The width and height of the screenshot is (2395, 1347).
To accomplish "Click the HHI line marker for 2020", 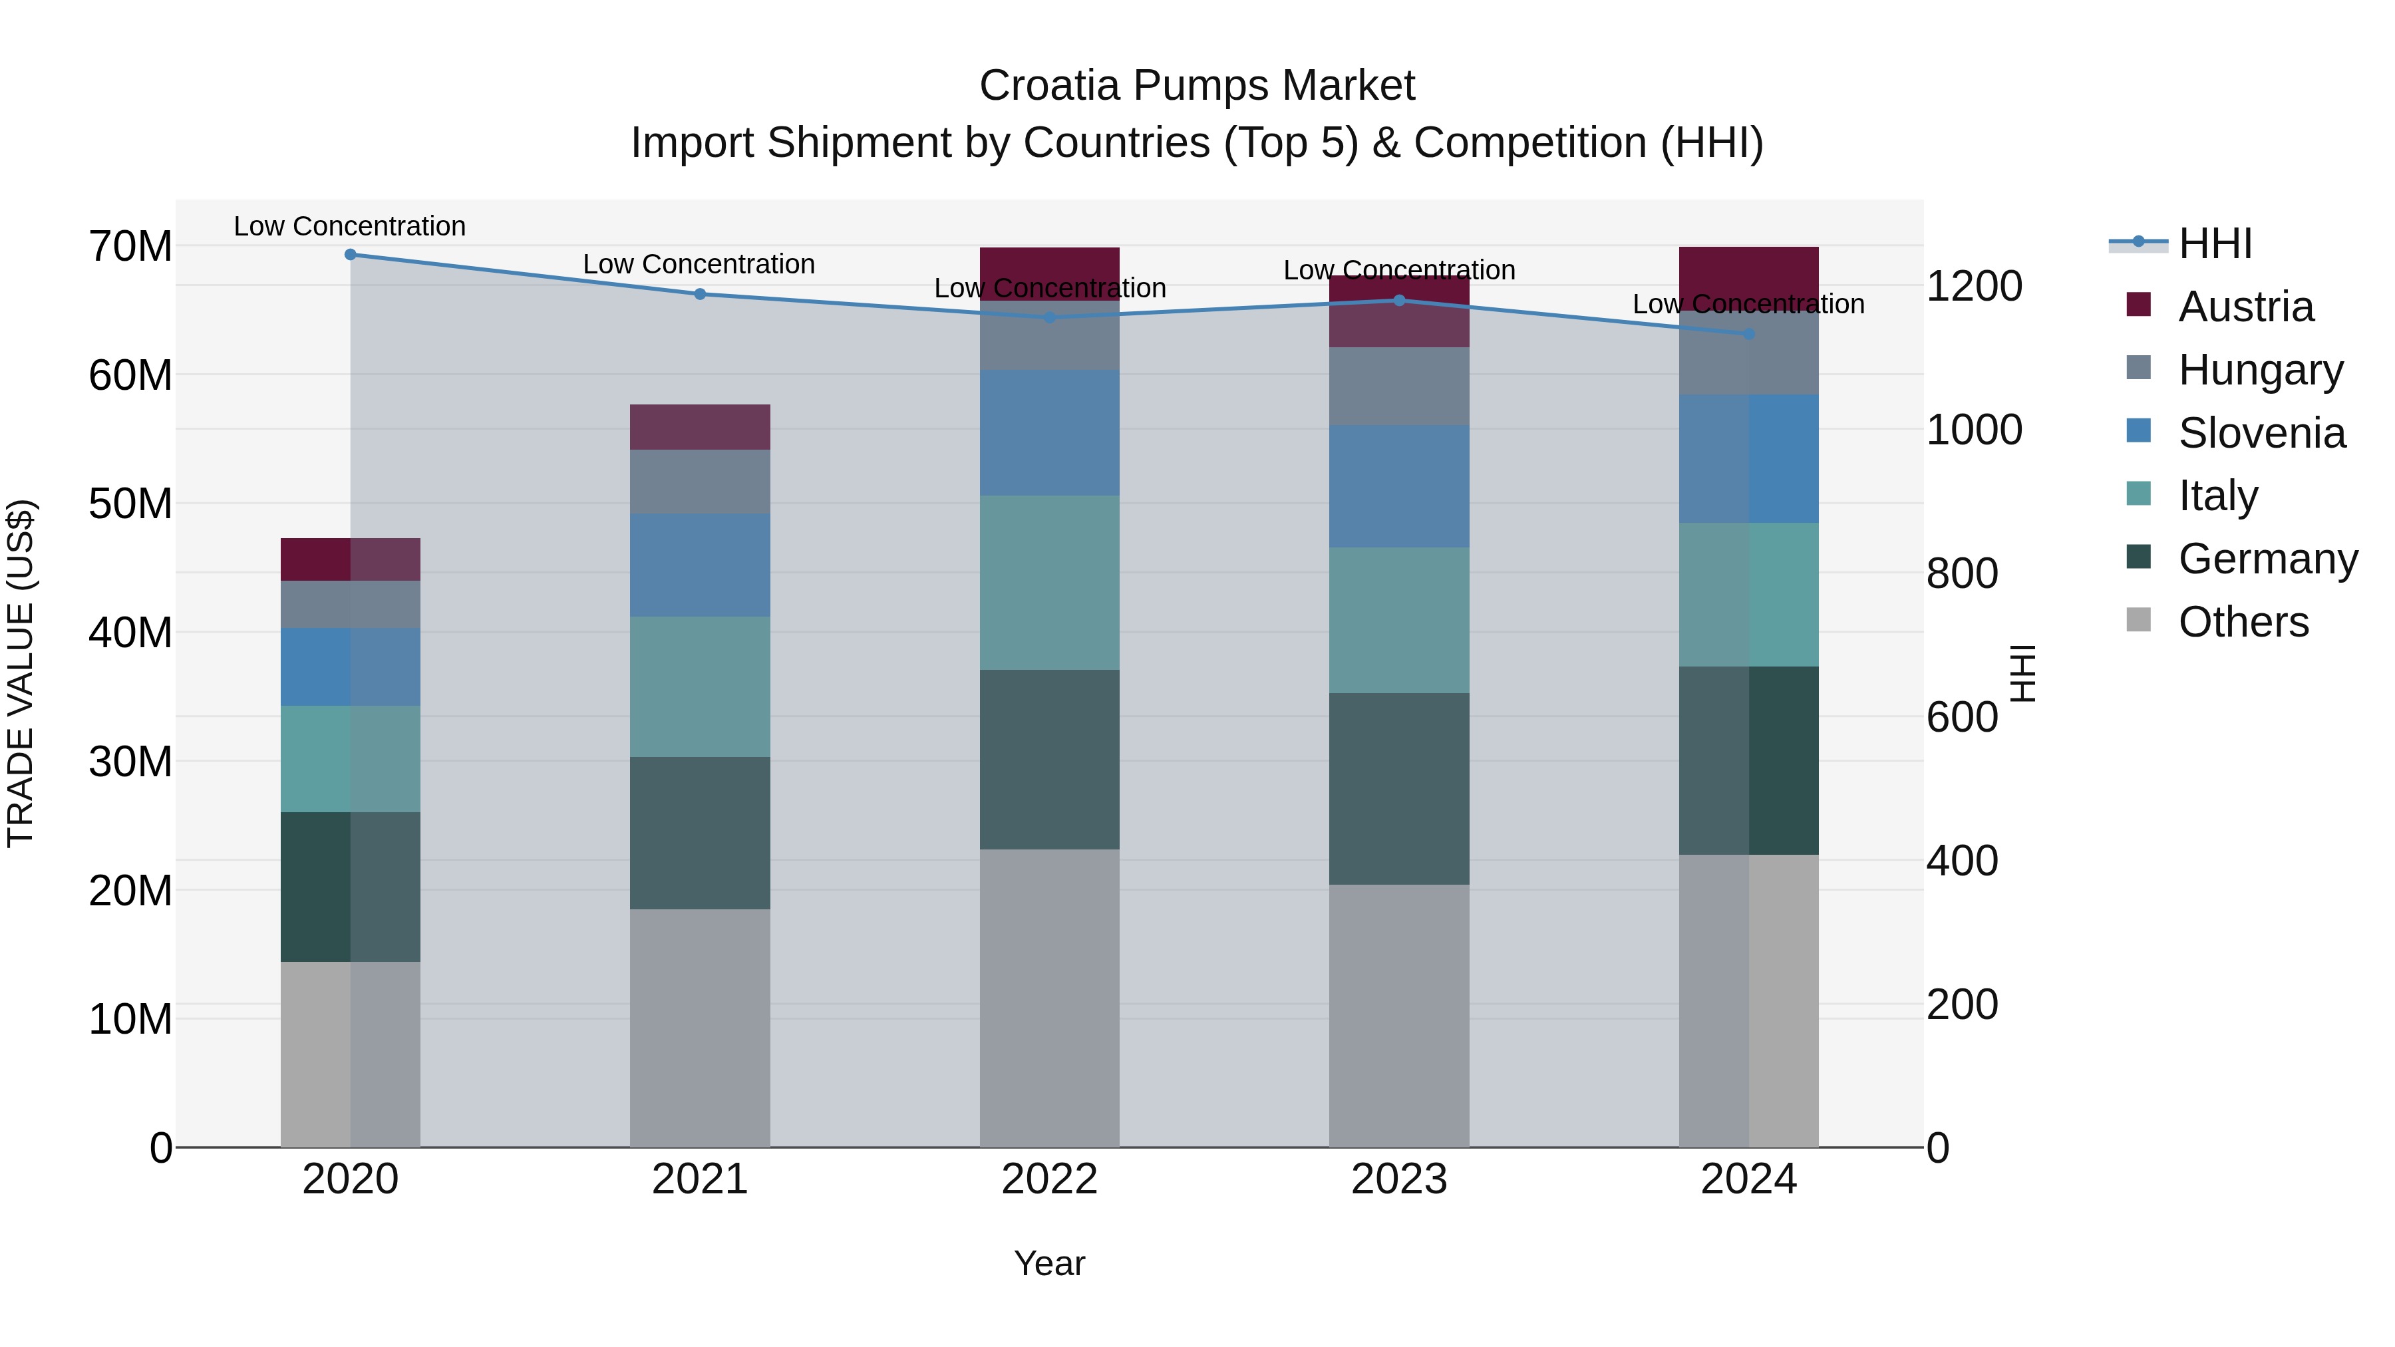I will pos(351,255).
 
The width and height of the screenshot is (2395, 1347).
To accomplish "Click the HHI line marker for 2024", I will pos(1749,334).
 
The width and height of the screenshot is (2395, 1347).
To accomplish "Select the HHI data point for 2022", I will pos(1050,317).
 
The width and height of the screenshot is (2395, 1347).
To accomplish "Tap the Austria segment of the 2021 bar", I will pos(700,428).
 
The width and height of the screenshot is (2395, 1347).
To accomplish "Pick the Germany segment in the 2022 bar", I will pos(1050,760).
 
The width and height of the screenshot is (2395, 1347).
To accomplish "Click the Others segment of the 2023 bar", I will pos(1399,1015).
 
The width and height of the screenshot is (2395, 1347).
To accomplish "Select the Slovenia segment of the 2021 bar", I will pos(700,565).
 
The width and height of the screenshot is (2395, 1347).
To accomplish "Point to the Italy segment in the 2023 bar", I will pos(1399,620).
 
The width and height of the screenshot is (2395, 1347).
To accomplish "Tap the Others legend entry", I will pos(2243,622).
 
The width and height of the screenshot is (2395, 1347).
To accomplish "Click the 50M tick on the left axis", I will pos(130,504).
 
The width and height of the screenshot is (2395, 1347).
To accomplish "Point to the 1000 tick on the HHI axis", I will pos(1974,430).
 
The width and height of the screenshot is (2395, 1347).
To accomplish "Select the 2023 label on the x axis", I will pos(1399,1179).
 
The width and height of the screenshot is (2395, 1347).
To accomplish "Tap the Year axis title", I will pos(1050,1263).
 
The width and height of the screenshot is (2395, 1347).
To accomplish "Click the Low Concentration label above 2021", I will pos(699,265).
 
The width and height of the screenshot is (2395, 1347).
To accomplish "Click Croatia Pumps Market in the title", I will pos(1197,86).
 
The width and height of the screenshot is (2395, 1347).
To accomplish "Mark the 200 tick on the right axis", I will pos(1962,1005).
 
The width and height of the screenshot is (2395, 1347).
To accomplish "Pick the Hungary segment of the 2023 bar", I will pos(1399,386).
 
